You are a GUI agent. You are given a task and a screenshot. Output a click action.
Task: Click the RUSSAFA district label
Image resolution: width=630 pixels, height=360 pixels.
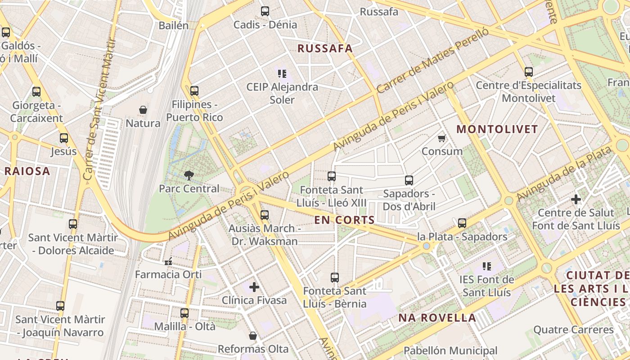pos(325,49)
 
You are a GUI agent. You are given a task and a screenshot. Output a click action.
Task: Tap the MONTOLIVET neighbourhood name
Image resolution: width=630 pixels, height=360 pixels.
pos(497,130)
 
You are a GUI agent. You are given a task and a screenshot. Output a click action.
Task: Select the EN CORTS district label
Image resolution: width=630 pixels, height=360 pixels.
pos(344,220)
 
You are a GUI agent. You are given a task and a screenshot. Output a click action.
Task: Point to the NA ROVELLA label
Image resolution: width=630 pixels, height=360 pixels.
pos(437,318)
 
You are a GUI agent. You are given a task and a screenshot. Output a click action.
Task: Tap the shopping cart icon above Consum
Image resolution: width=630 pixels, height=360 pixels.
pos(442,138)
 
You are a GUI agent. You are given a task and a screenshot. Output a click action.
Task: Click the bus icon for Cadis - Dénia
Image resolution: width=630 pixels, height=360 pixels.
pos(265,11)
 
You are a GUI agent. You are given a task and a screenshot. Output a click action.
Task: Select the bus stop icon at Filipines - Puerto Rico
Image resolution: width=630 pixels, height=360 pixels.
pos(194,91)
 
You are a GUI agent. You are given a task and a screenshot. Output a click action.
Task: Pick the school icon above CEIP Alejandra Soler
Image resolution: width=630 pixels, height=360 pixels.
pos(282,73)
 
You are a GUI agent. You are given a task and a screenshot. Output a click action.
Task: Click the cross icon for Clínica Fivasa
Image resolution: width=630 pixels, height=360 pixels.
pos(254,287)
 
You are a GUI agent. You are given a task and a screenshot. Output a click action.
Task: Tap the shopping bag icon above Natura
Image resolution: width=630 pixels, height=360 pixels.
pos(143,110)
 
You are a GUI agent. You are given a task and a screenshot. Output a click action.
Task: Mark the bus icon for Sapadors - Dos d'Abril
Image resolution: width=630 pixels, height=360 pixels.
pos(409,180)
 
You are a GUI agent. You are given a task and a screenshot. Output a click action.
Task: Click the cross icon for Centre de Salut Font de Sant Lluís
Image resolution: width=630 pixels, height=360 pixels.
pos(576,199)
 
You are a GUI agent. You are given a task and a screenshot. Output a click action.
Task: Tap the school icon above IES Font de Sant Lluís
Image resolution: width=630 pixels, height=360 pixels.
pos(486,266)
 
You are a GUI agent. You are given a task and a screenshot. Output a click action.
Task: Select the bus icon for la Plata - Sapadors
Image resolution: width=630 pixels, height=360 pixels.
pos(462,223)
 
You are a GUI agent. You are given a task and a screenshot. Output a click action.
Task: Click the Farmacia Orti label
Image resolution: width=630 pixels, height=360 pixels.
pos(168,274)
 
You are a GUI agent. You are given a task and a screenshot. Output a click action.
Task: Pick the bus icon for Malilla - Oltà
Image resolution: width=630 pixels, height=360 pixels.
pos(184,313)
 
